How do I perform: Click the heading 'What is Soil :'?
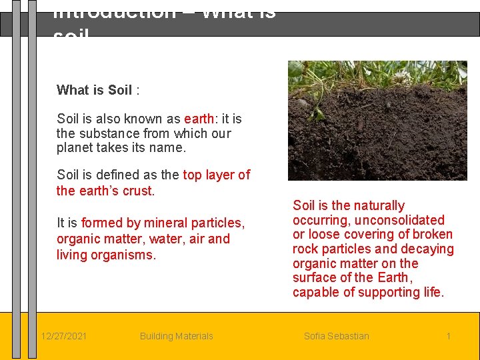click(98, 90)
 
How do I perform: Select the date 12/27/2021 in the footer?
click(63, 336)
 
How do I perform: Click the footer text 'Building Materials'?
click(176, 336)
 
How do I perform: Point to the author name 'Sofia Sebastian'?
click(336, 336)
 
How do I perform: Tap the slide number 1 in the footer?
click(448, 336)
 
